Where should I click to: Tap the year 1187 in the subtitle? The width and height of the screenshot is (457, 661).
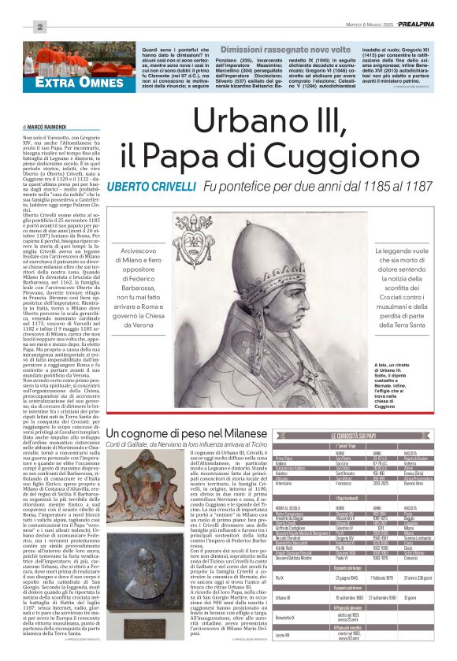pos(434,187)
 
